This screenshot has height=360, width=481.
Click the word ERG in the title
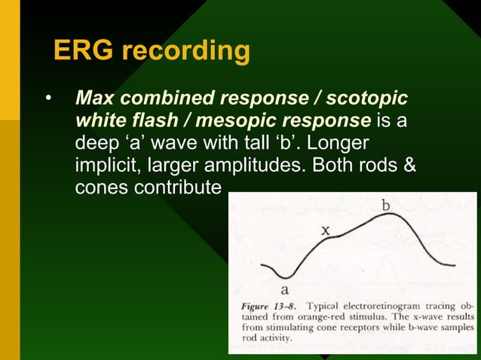(x=84, y=50)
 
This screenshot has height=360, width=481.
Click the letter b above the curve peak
(x=386, y=205)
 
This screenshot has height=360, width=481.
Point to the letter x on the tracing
(x=326, y=231)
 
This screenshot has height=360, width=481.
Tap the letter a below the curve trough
(x=285, y=288)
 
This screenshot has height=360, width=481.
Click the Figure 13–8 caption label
(x=264, y=307)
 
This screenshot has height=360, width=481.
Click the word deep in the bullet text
(x=101, y=143)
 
